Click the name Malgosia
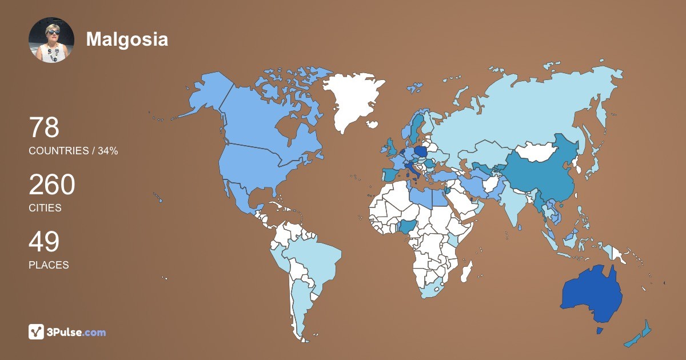pos(127,39)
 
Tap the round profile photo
pos(51,40)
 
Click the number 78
pos(44,127)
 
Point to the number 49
pos(44,242)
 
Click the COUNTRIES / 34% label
pos(73,151)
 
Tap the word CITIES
pos(45,208)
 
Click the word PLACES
pos(49,265)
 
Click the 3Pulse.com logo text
pos(77,332)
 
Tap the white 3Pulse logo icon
pos(37,331)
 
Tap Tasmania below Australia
pos(599,331)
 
